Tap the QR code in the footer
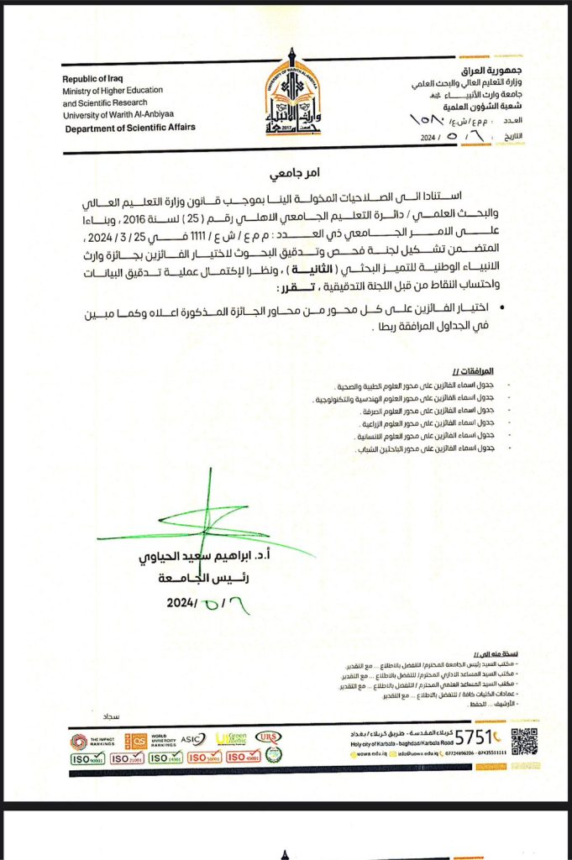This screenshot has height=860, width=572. pyautogui.click(x=524, y=742)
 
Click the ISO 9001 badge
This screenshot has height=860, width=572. pyautogui.click(x=87, y=758)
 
